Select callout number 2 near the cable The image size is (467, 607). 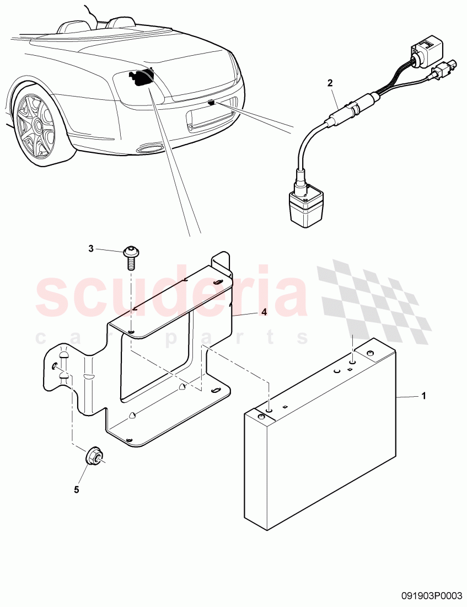click(x=330, y=83)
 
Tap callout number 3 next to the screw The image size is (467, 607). click(x=91, y=249)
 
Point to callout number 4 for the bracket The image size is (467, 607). click(x=264, y=312)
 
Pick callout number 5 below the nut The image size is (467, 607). click(x=77, y=489)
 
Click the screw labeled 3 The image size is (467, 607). click(x=131, y=256)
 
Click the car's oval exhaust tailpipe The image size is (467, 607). click(x=148, y=148)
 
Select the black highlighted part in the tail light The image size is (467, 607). click(x=139, y=78)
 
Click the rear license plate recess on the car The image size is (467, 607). click(x=211, y=120)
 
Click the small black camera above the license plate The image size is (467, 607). click(x=212, y=103)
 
